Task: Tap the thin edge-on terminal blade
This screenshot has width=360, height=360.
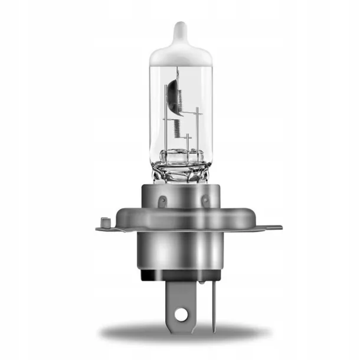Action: tap(214, 304)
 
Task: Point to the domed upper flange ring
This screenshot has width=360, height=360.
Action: tap(181, 215)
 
